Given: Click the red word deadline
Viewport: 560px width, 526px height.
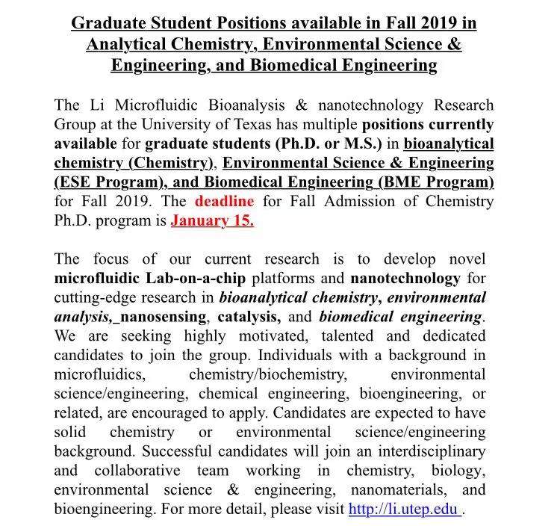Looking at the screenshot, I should [x=224, y=202].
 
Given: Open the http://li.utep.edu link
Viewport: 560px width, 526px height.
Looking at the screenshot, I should [x=403, y=510].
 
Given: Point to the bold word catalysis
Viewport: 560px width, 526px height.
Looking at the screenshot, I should [x=249, y=318].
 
